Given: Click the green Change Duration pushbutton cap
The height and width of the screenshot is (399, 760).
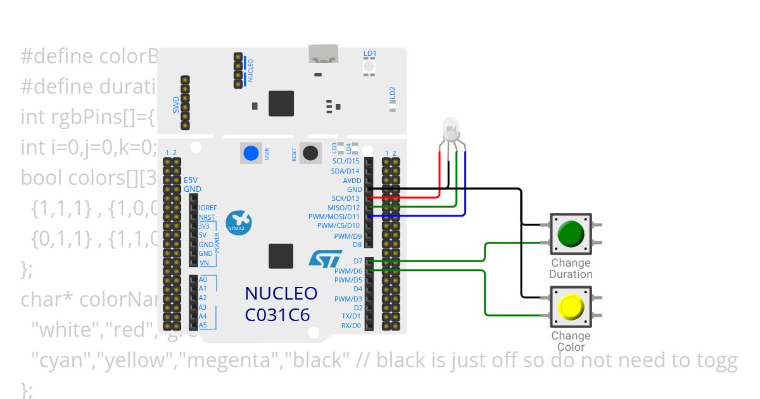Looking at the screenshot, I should (x=571, y=233).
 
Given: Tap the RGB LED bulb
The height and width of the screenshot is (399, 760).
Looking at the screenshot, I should (x=451, y=129).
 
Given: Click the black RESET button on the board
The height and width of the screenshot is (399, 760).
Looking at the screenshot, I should (x=310, y=153).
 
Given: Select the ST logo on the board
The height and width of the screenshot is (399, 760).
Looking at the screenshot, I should (x=325, y=258).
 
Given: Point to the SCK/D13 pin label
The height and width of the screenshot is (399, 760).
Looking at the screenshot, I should (x=345, y=198).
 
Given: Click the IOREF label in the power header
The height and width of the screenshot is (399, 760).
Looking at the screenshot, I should (x=207, y=208).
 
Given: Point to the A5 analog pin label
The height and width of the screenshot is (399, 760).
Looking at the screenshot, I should (x=203, y=326).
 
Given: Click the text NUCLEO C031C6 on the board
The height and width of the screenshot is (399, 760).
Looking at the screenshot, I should (x=281, y=303).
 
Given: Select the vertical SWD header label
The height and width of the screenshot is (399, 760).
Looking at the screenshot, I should (x=176, y=104).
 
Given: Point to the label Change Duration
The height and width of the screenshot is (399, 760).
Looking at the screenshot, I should (x=571, y=269).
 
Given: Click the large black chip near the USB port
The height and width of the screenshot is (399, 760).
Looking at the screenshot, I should (x=281, y=103).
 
